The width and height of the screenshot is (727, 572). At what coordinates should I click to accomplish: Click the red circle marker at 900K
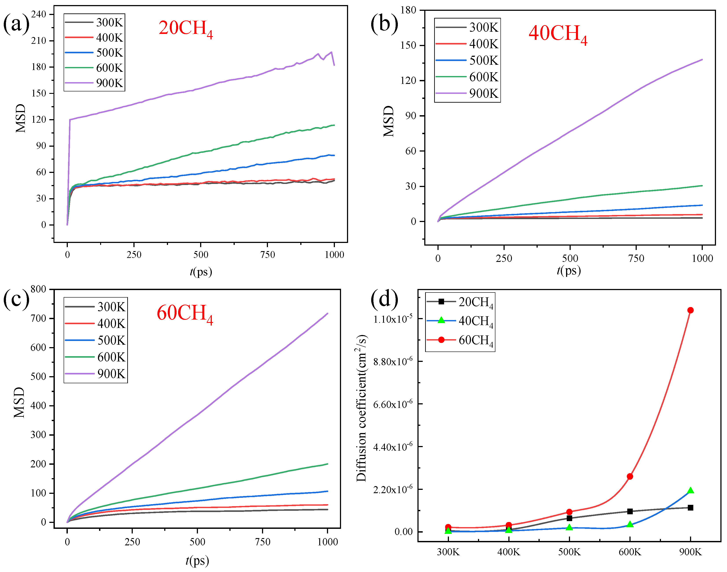click(690, 310)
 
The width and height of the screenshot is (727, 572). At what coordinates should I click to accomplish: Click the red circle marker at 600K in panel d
click(630, 476)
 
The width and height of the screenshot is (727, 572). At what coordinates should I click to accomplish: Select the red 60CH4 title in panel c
click(185, 314)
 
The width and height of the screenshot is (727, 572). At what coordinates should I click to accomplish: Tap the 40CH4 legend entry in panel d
click(460, 321)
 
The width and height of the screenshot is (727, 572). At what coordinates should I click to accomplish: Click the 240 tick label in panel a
click(39, 14)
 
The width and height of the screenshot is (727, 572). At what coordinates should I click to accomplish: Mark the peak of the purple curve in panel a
click(331, 52)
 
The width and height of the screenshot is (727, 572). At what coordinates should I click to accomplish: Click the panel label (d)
click(384, 298)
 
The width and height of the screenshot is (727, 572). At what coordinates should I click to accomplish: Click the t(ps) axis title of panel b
click(569, 270)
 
